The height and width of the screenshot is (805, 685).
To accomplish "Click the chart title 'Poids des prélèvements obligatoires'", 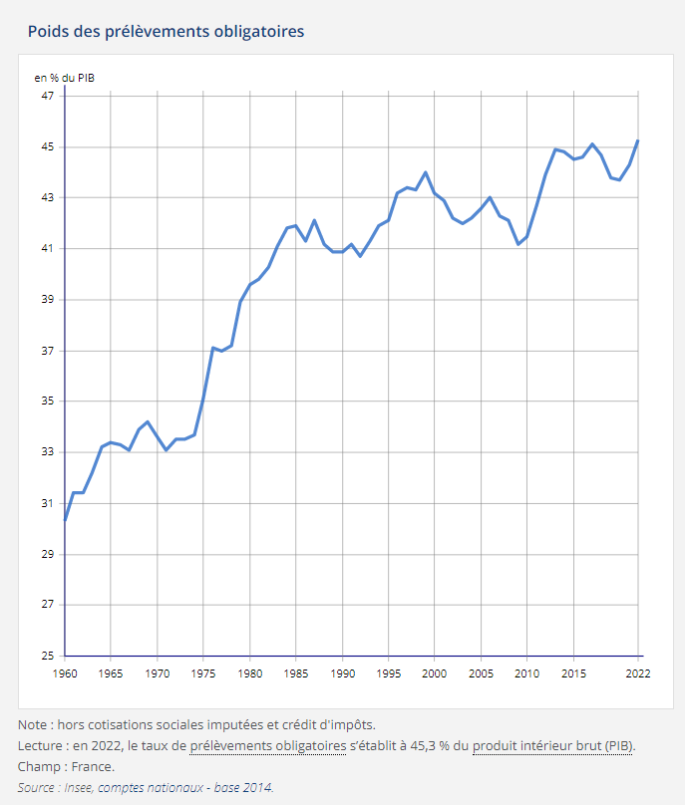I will (x=166, y=31).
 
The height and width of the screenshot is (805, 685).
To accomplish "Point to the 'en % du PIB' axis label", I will (x=64, y=77).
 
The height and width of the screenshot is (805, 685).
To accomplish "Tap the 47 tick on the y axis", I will (x=48, y=96).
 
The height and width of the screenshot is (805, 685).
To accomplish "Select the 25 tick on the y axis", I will (x=48, y=656).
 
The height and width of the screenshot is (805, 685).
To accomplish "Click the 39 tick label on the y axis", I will (x=48, y=299).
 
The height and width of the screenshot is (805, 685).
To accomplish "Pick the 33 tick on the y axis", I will (x=48, y=452).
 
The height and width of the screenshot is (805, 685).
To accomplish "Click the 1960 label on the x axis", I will (x=65, y=674).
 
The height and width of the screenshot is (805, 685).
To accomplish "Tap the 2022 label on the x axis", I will (x=638, y=674).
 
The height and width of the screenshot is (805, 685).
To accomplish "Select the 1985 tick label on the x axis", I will (x=296, y=674).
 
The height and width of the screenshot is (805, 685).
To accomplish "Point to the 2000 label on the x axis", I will (x=435, y=674).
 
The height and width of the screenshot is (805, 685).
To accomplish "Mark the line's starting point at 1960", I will (x=65, y=520).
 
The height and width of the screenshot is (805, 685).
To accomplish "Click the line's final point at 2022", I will (x=638, y=140).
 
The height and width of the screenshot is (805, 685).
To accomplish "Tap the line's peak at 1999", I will (x=426, y=172).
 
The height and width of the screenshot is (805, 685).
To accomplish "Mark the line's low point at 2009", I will (x=517, y=244).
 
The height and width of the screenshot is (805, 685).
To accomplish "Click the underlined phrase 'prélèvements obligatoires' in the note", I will (x=267, y=745).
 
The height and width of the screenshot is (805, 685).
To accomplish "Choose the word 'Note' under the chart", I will (x=34, y=724).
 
